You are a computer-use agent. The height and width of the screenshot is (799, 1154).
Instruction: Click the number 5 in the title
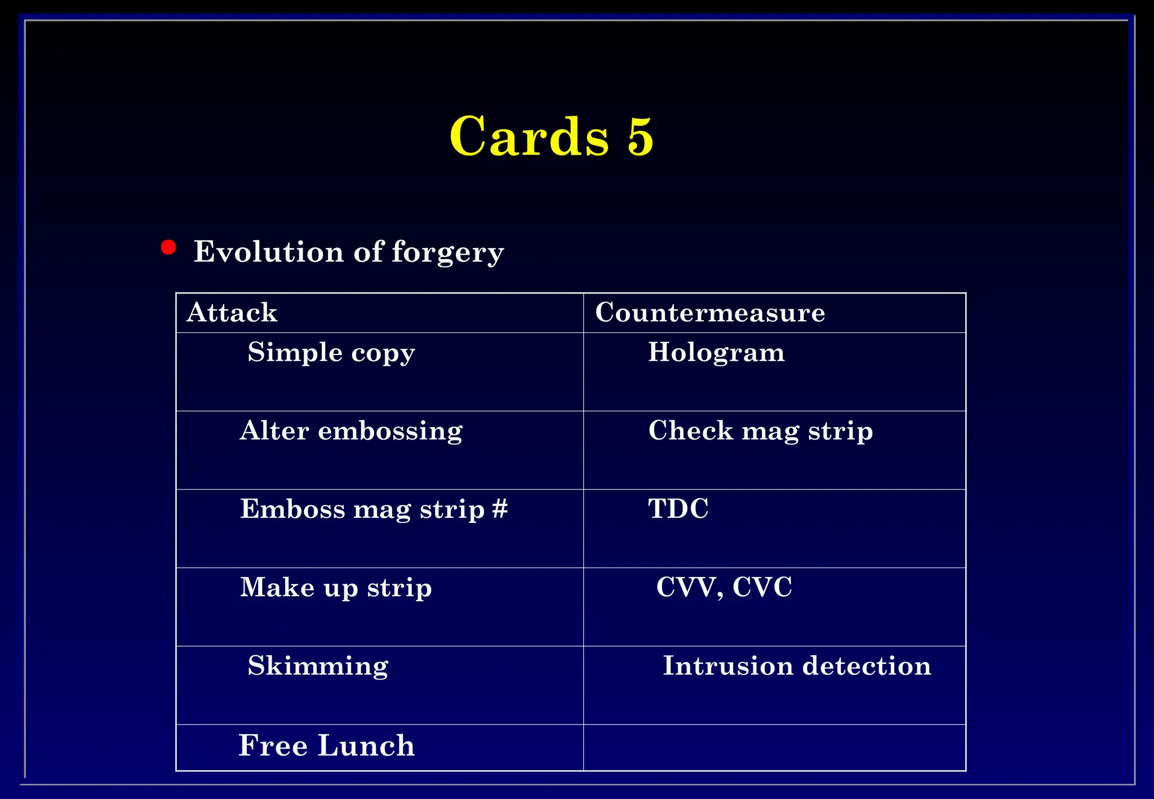[x=640, y=136]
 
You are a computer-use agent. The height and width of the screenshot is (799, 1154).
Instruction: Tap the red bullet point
[x=168, y=247]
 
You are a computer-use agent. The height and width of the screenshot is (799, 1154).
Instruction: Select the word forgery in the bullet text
[x=447, y=252]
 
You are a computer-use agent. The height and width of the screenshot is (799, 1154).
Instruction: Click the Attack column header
[x=232, y=313]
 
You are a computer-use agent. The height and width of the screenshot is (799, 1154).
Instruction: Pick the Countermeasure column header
[x=709, y=313]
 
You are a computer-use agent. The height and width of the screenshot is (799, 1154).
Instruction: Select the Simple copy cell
[x=331, y=353]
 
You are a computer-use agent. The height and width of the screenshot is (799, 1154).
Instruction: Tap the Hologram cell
[x=716, y=353]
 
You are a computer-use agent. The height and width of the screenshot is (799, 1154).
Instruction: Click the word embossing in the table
[x=390, y=431]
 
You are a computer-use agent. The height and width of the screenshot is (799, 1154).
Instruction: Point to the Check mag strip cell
[x=760, y=431]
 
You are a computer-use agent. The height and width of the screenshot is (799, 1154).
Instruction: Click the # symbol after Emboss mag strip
[x=500, y=508]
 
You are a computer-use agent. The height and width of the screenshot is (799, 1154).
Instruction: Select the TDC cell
[x=678, y=509]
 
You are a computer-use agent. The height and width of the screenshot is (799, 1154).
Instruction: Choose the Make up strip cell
[x=336, y=588]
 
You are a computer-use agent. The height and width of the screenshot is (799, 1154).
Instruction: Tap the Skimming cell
[x=318, y=666]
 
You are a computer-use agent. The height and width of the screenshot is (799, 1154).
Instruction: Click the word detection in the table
[x=867, y=666]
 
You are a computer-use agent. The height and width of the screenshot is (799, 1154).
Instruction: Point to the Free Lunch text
[x=326, y=746]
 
